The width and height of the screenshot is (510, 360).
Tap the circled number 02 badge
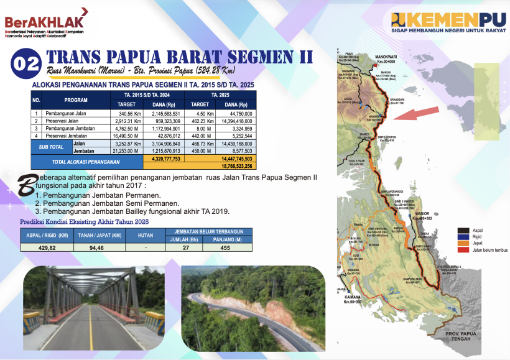click(26, 64)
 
